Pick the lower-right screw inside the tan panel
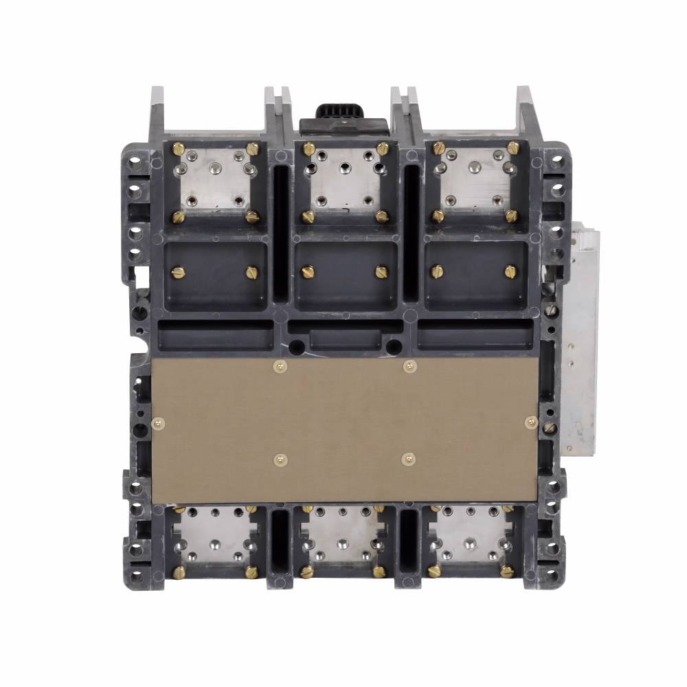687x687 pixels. (x=408, y=456)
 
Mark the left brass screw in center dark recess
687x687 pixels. (x=304, y=272)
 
